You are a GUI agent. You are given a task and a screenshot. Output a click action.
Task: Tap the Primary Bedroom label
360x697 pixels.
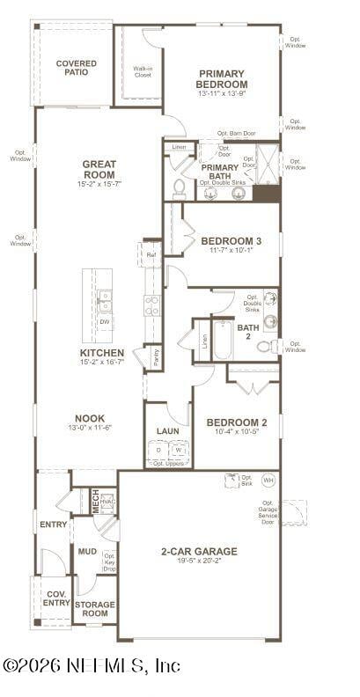coord(222,78)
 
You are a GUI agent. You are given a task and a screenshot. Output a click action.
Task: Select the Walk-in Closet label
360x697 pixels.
coord(143,71)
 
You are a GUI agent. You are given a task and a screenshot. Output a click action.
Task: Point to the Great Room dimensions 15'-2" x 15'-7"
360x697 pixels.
coord(99,184)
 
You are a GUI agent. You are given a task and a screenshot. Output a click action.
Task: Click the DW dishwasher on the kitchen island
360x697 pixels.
coord(106,322)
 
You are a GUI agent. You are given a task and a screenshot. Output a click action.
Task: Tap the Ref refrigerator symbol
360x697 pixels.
coord(151,255)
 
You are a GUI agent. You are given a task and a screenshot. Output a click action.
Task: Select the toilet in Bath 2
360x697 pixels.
coord(266,347)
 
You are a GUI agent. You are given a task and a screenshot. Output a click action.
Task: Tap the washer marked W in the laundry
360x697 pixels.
coord(179,450)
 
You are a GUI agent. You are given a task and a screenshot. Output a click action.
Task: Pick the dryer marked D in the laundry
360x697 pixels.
coord(158,450)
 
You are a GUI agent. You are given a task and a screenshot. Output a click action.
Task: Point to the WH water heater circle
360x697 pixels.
coord(268,481)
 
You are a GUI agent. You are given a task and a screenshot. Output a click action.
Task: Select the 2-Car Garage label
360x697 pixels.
coord(199,551)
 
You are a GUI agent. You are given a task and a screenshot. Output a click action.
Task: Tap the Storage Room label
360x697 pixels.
coord(95,609)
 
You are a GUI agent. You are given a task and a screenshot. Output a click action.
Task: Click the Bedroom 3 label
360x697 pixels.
coord(231,240)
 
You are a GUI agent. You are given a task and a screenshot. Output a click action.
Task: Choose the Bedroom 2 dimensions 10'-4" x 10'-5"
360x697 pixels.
coord(236,432)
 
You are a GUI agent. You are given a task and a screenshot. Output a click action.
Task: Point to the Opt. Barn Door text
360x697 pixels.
coord(236,134)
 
